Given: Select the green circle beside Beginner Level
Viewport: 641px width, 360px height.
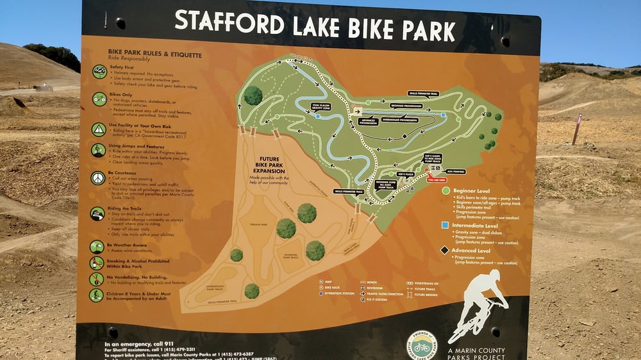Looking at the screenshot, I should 446,190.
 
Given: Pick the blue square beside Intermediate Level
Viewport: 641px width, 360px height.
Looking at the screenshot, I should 445,225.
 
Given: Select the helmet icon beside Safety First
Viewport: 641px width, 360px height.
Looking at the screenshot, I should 99,71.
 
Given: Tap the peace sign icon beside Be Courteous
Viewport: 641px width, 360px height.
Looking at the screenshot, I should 98,177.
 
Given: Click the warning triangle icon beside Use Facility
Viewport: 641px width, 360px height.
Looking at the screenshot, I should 99,129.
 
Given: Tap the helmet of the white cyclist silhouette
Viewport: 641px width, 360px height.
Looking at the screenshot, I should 494,275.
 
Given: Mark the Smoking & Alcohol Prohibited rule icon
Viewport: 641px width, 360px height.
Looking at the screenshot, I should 97,263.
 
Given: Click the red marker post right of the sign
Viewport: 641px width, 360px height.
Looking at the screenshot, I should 577,128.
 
